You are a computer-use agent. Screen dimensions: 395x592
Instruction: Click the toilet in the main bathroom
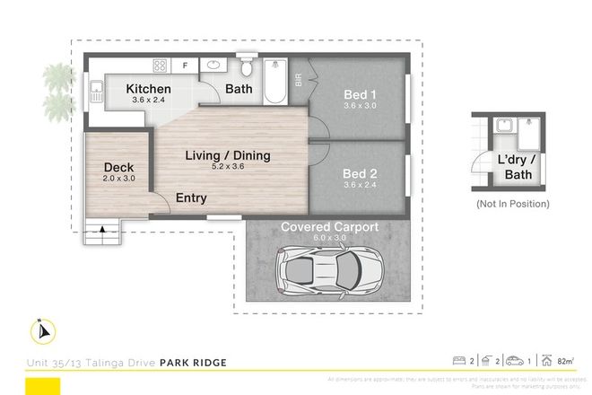click(248, 68)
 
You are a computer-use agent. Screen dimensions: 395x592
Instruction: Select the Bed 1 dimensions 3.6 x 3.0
click(359, 106)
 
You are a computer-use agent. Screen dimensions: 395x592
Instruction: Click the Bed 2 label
click(359, 174)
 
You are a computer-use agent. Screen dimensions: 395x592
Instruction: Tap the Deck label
click(118, 168)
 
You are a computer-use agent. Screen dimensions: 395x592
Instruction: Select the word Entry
click(190, 198)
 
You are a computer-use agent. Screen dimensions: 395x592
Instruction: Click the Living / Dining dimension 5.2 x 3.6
click(228, 168)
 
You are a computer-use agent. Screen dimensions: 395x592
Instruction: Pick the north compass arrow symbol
click(43, 332)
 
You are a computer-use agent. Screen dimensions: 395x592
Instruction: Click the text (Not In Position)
click(512, 204)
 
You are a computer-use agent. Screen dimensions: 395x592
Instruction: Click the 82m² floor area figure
click(565, 362)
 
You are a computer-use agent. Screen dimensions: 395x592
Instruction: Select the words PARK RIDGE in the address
click(193, 363)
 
